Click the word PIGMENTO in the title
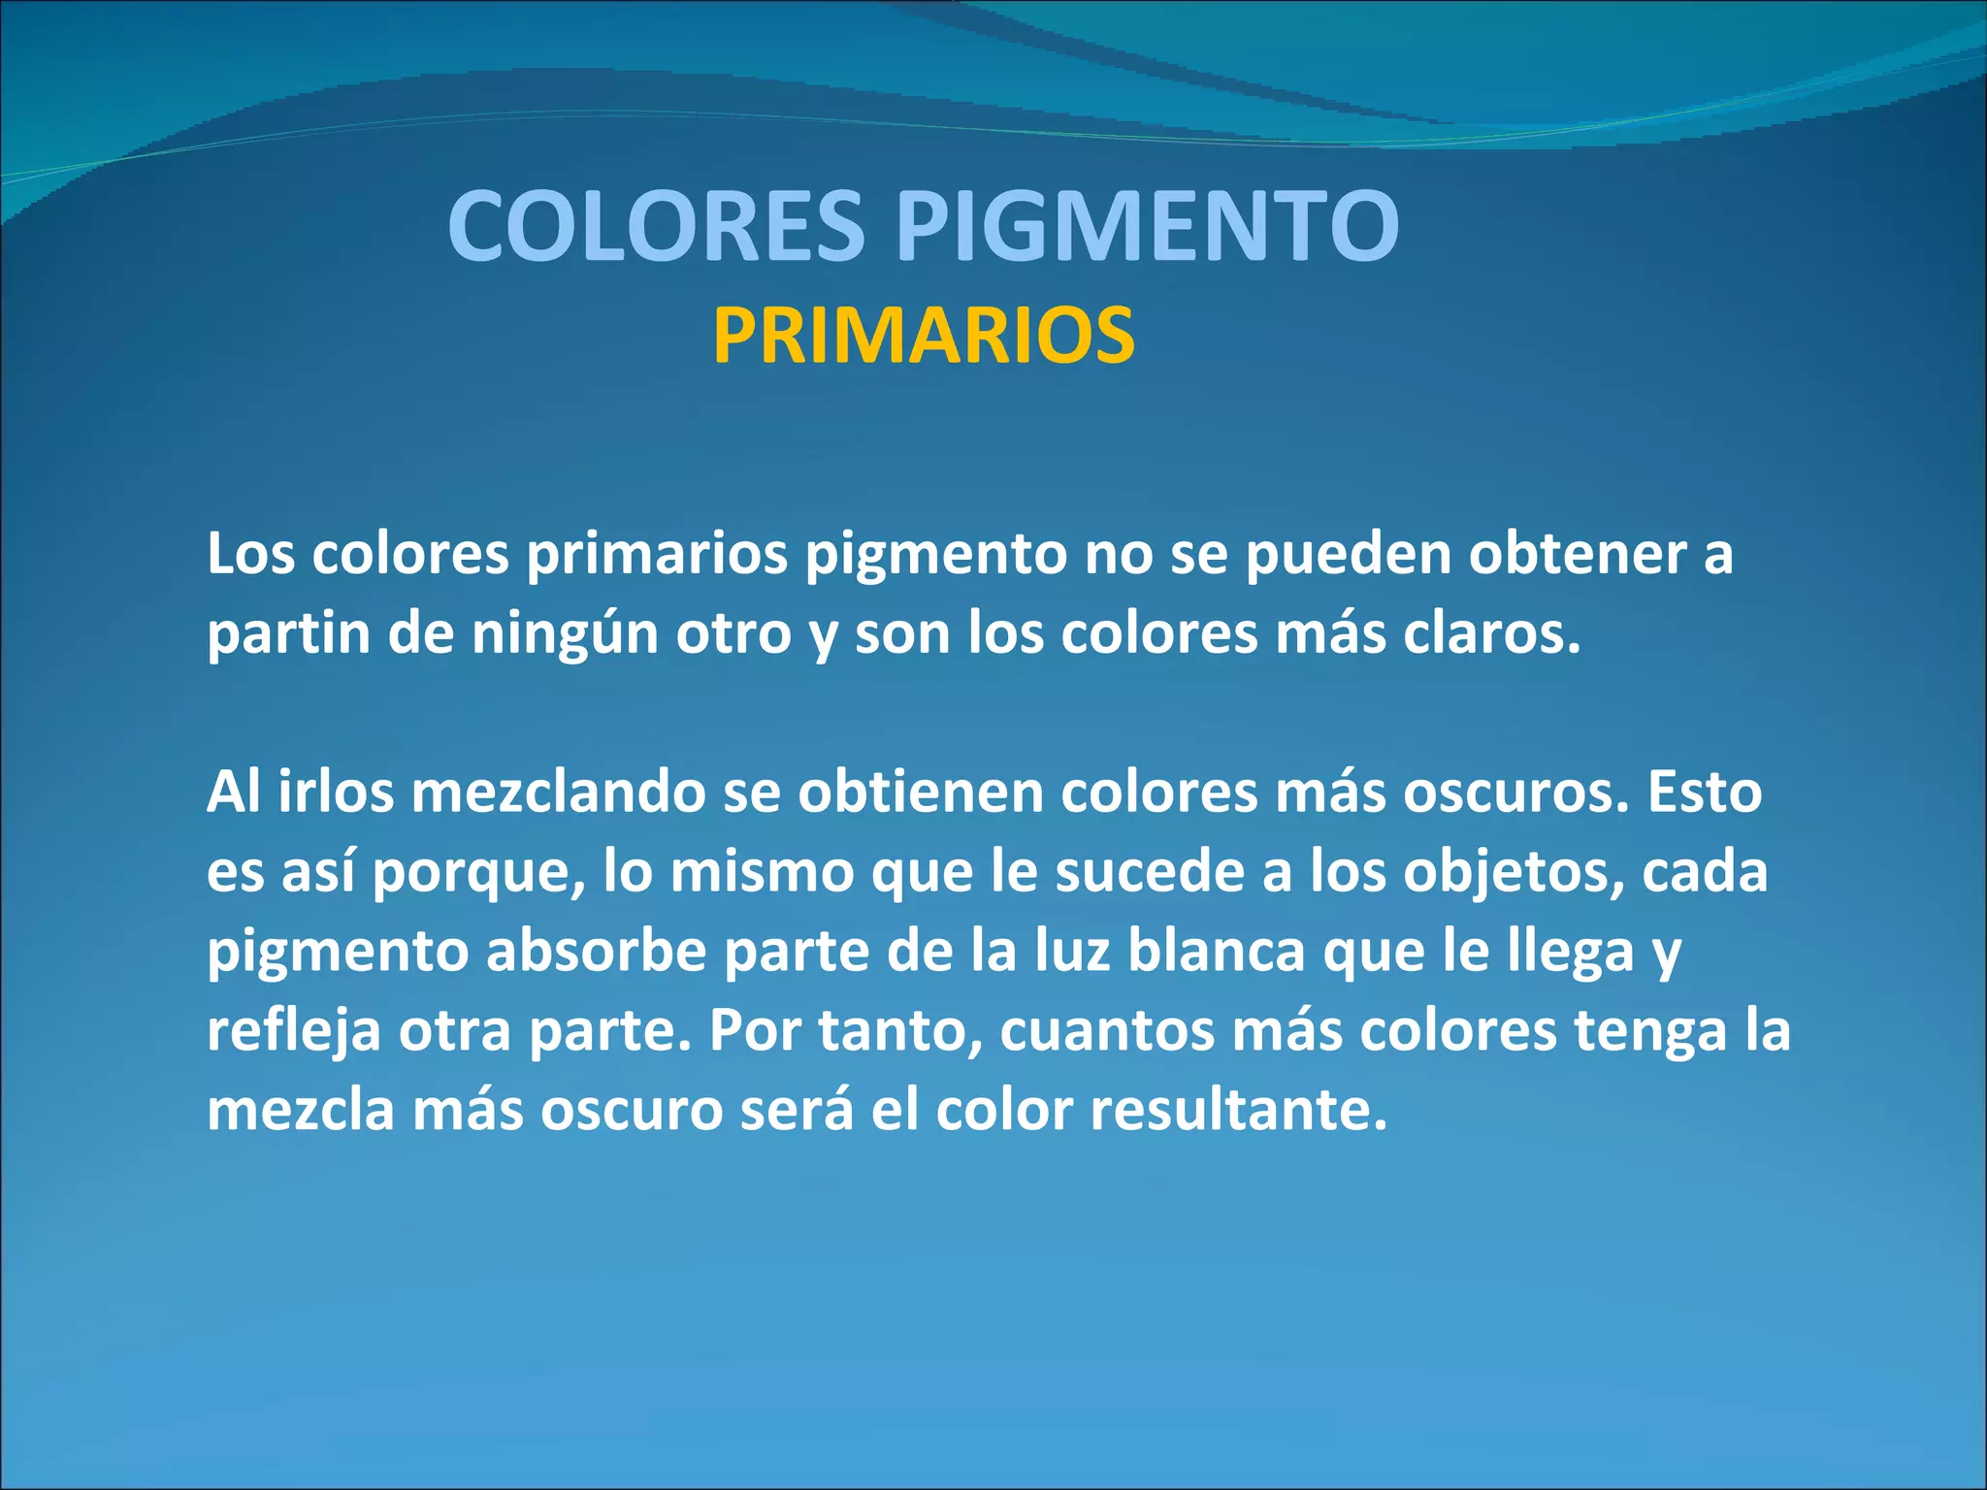point(1147,226)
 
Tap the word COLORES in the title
point(656,226)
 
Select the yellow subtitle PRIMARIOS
point(924,336)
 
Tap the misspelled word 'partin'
point(288,634)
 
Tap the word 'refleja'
point(294,1030)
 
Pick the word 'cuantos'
point(1106,1030)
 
